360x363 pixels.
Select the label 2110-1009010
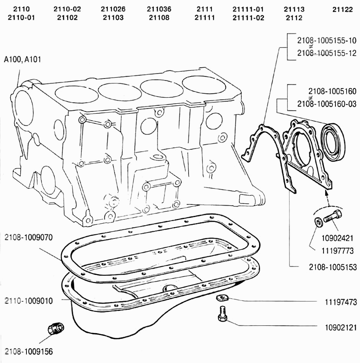pyautogui.click(x=29, y=301)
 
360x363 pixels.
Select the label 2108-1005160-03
pyautogui.click(x=327, y=103)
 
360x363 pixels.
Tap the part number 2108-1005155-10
pyautogui.click(x=327, y=41)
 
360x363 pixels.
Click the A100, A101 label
pyautogui.click(x=22, y=59)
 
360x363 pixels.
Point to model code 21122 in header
pyautogui.click(x=342, y=9)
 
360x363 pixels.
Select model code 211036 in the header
pyautogui.click(x=159, y=9)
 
